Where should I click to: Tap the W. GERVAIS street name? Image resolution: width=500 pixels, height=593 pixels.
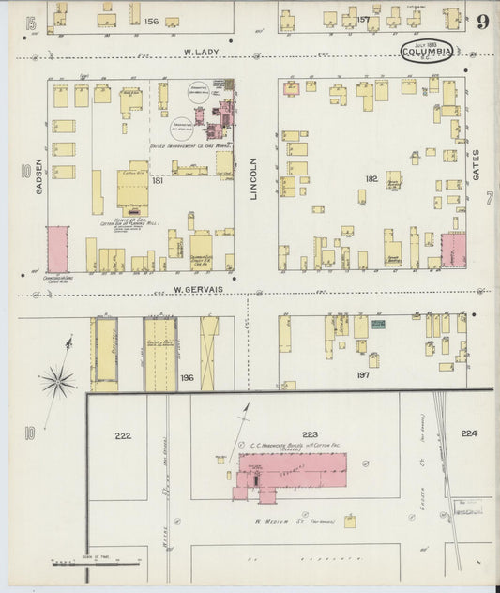pos(198,290)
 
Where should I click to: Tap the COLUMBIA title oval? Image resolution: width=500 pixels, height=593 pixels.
pos(427,52)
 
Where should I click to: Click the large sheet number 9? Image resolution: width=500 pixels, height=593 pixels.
pos(481,22)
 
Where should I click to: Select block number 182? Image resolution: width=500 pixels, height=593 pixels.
pos(371,177)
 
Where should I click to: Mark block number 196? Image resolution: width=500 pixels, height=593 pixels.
pos(187,378)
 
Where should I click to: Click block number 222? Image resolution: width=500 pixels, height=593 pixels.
pos(123,435)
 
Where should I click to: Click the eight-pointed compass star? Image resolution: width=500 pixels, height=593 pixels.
pos(57,380)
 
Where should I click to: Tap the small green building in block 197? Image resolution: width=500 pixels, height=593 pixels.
pos(378,324)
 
